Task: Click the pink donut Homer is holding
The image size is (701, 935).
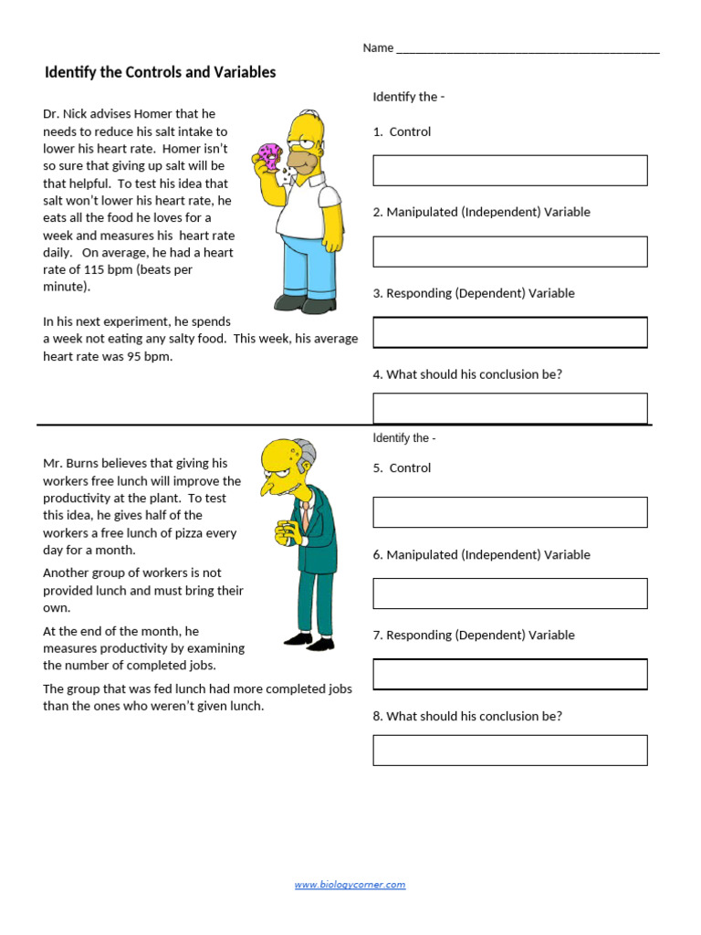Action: (269, 155)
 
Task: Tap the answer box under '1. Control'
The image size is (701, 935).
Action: (509, 171)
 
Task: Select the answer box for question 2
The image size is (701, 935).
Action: (509, 251)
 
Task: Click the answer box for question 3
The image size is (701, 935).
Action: (509, 332)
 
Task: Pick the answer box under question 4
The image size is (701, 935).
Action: (509, 408)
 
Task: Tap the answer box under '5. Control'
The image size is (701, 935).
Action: (509, 512)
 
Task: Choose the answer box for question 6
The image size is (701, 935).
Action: (509, 594)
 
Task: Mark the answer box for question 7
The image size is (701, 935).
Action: (509, 674)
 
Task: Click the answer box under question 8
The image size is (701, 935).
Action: (509, 750)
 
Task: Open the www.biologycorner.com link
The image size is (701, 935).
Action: (350, 885)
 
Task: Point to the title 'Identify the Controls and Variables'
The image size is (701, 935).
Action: (160, 72)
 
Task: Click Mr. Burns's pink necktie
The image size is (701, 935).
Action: (293, 511)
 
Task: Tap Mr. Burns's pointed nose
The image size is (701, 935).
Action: (267, 486)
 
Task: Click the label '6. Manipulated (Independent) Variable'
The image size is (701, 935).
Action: (481, 554)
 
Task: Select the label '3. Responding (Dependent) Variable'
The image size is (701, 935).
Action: (473, 293)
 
